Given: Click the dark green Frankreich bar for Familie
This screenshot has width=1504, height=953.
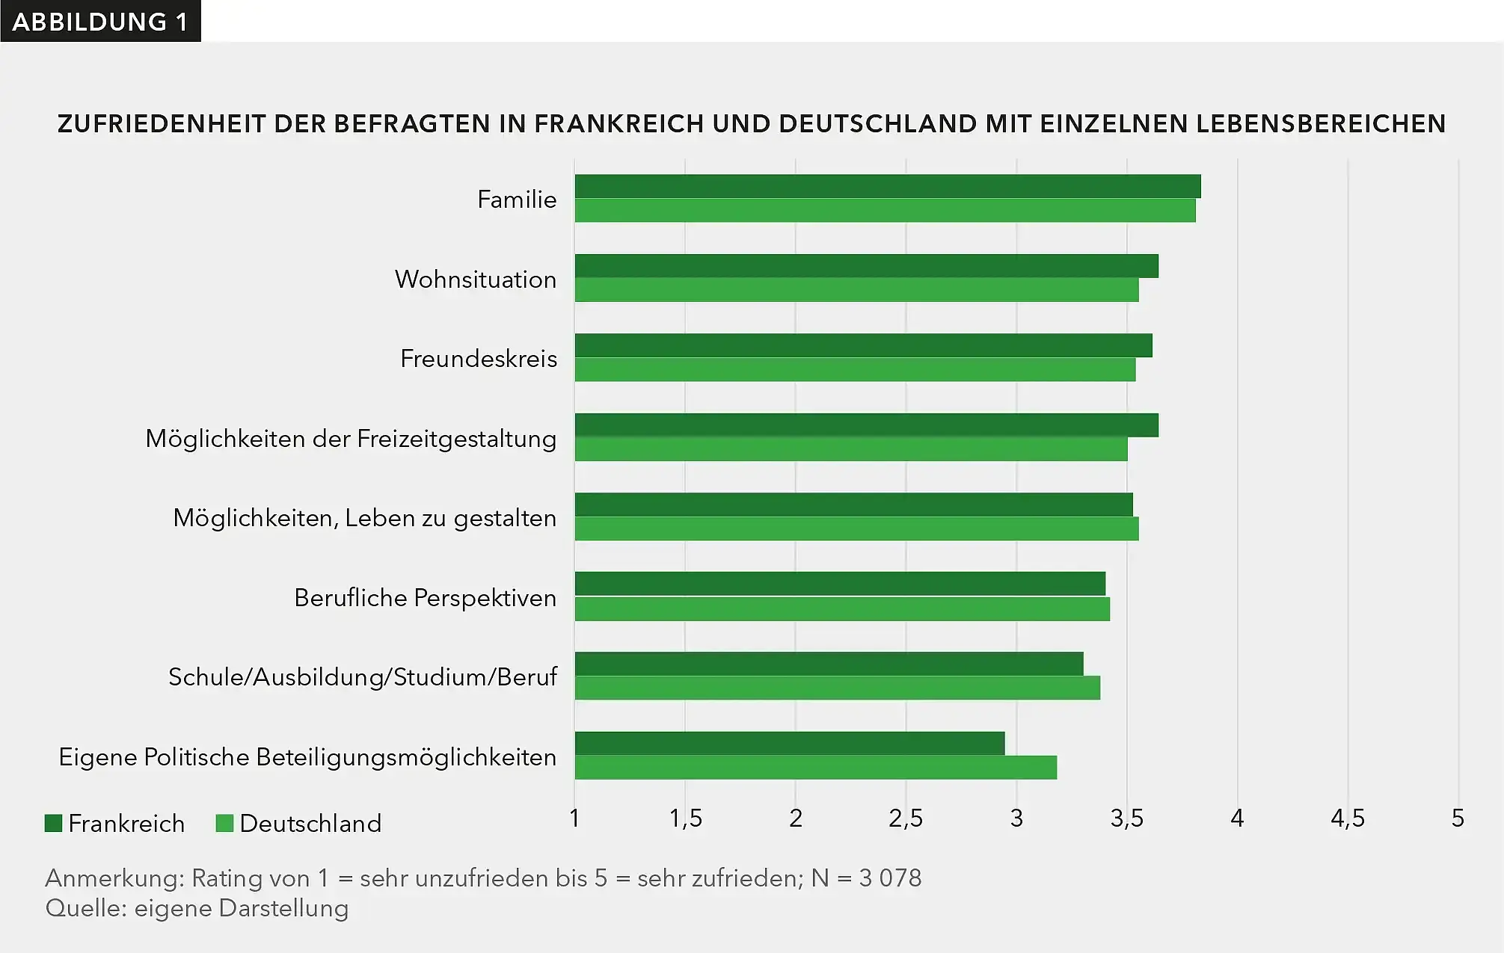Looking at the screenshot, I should [x=887, y=186].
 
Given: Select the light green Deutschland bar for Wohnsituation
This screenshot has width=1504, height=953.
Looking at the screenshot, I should [x=856, y=290].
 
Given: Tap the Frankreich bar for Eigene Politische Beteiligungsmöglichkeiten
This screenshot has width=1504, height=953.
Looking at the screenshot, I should [x=789, y=743].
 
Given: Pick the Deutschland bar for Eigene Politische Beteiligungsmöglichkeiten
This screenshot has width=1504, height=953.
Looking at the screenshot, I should [x=815, y=768].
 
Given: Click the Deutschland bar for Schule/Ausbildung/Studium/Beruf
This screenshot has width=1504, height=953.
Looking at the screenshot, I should [x=837, y=688].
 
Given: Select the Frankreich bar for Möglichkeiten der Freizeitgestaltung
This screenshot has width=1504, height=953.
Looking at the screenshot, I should [x=866, y=425].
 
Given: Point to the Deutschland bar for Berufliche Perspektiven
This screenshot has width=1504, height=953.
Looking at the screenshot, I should [x=841, y=608].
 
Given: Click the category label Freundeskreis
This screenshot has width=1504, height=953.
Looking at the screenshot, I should [x=479, y=359].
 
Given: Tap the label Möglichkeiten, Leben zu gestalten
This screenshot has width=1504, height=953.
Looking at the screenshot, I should [x=364, y=518].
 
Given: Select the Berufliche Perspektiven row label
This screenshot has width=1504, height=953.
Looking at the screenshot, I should [x=425, y=598].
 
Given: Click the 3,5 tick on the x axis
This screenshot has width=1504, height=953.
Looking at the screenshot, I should [x=1126, y=818].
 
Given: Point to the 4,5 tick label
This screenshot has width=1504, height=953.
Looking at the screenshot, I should [x=1347, y=818].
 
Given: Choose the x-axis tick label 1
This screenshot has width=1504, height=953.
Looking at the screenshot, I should [x=574, y=818].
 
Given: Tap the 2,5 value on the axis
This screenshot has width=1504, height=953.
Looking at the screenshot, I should [x=905, y=818].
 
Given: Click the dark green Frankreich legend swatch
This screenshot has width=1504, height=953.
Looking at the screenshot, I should [x=53, y=823].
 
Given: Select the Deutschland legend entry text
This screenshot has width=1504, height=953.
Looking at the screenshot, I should [x=310, y=824].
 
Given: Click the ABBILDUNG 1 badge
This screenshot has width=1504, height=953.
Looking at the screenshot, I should [x=99, y=22].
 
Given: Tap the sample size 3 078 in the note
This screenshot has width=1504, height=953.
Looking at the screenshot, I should [x=890, y=878].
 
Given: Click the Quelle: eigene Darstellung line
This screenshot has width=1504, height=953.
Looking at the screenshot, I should [x=197, y=908].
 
